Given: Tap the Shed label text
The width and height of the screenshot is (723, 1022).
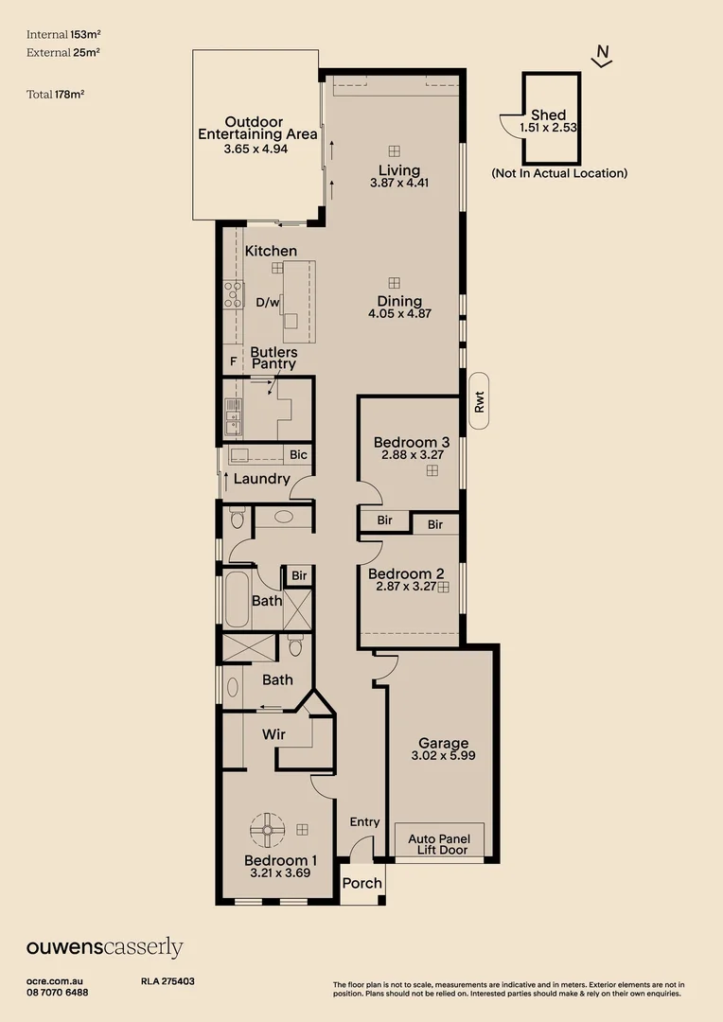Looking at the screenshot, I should pos(549,115).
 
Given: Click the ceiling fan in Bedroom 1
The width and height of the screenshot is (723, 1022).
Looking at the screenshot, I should pos(267,830).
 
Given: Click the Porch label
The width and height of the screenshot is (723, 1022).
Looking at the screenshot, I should pos(361,883).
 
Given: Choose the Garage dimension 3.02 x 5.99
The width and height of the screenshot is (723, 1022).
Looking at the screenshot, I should pos(444,757).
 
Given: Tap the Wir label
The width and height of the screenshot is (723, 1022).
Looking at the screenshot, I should pos(273,734).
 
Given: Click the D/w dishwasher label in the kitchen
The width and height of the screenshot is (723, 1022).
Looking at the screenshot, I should pos(268,303).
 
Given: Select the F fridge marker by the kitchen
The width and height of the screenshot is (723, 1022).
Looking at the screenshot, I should pos(233,361).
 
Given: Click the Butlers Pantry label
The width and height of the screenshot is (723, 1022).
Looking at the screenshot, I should pos(273,358).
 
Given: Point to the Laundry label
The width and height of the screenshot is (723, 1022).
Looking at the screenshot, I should pos(261,479).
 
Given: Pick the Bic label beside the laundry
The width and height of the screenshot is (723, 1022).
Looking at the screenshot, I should pos(299,455).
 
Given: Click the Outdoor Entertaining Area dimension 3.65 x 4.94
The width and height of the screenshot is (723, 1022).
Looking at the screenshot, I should pos(256,150).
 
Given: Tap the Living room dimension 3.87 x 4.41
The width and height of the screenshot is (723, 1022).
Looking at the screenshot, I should pos(399,184).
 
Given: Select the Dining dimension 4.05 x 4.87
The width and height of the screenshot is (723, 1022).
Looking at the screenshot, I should pos(399,313).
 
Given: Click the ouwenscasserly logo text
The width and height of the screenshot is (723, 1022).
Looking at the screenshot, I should pos(104,948).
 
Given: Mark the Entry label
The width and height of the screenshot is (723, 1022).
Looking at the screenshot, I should pos(364,822).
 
